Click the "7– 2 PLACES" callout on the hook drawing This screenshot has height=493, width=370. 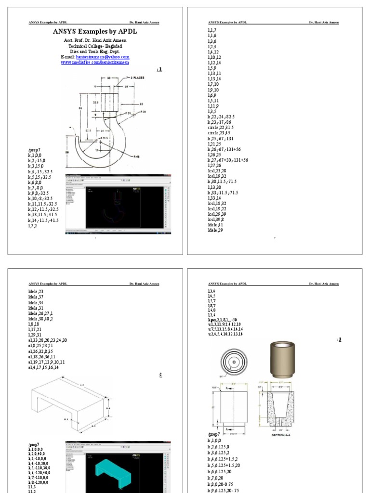coord(136,77)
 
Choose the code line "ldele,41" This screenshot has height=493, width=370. coord(215,225)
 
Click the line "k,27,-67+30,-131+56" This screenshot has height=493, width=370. coord(228,159)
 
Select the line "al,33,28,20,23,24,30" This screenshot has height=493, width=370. coord(48,340)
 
